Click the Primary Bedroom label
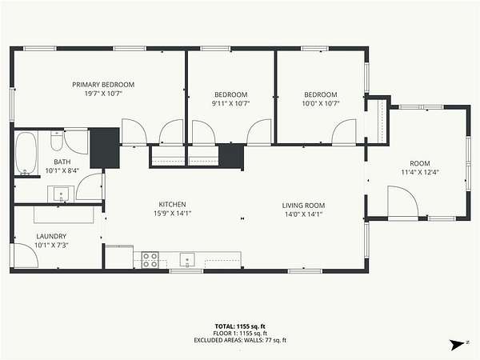pos(103,85)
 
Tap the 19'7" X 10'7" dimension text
pos(103,94)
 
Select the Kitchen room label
pos(172,204)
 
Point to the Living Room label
pos(303,206)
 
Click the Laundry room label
pos(51,236)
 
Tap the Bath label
pos(62,162)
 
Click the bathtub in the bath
pos(26,153)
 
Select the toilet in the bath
pos(57,141)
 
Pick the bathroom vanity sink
pos(61,194)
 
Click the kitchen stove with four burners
pos(150,260)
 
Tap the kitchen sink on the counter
pos(187,260)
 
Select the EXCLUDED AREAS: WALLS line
pos(240,340)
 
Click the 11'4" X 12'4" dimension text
pos(420,172)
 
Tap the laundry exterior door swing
pos(26,255)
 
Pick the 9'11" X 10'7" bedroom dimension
pos(231,103)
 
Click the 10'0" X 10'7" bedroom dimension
pos(321,103)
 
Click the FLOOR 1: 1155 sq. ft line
pos(240,334)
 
